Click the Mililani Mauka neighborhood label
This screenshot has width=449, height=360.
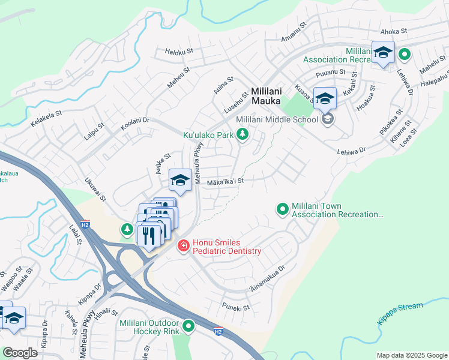point(266,95)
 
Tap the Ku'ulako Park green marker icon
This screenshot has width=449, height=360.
point(243,135)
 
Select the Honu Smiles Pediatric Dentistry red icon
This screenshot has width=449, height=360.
point(183,246)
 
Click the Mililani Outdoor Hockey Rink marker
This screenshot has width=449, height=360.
point(188,326)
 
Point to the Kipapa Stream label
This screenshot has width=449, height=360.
point(400,313)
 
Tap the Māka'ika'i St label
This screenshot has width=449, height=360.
point(225,181)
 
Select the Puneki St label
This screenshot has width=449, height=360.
point(235,308)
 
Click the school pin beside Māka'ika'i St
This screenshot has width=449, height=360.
point(180,179)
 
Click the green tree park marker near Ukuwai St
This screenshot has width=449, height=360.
point(127,229)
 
